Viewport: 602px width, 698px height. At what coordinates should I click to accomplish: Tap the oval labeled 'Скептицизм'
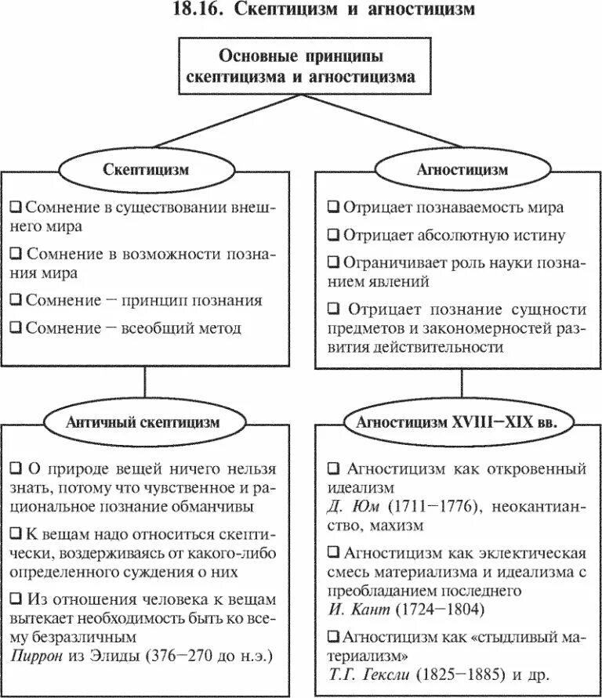pos(146,170)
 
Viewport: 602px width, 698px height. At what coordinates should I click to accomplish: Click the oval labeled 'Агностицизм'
pos(462,170)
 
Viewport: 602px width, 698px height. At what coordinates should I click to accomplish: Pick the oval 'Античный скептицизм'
pos(146,421)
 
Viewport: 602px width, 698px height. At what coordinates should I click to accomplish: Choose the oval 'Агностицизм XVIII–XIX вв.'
pos(462,421)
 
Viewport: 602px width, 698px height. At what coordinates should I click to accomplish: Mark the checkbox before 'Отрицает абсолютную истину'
pos(332,235)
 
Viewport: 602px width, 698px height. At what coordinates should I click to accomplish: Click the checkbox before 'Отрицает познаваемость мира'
pos(332,208)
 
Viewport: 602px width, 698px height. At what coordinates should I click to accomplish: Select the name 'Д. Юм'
pos(346,506)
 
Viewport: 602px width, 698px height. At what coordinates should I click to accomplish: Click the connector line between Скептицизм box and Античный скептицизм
pos(146,385)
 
